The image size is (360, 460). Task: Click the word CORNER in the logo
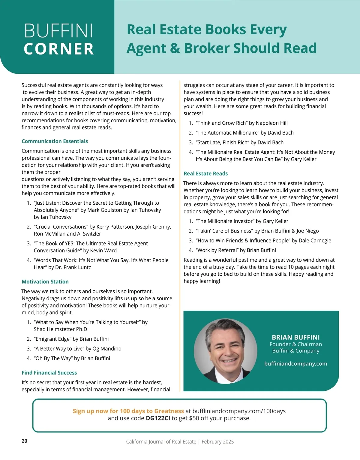click(x=59, y=49)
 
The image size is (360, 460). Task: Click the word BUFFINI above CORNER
click(x=59, y=31)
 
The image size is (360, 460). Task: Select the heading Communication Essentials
click(x=55, y=141)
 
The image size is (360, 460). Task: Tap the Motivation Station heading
click(x=45, y=282)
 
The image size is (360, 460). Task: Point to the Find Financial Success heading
click(x=49, y=373)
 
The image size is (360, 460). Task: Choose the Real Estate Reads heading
click(x=205, y=174)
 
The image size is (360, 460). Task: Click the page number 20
click(x=24, y=441)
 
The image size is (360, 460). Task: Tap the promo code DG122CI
click(x=158, y=418)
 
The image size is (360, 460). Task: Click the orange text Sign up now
click(x=90, y=411)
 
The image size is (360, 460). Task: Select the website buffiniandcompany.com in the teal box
click(x=295, y=364)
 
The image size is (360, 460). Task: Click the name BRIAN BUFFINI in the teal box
click(x=295, y=337)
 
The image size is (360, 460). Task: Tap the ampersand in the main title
click(x=175, y=48)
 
